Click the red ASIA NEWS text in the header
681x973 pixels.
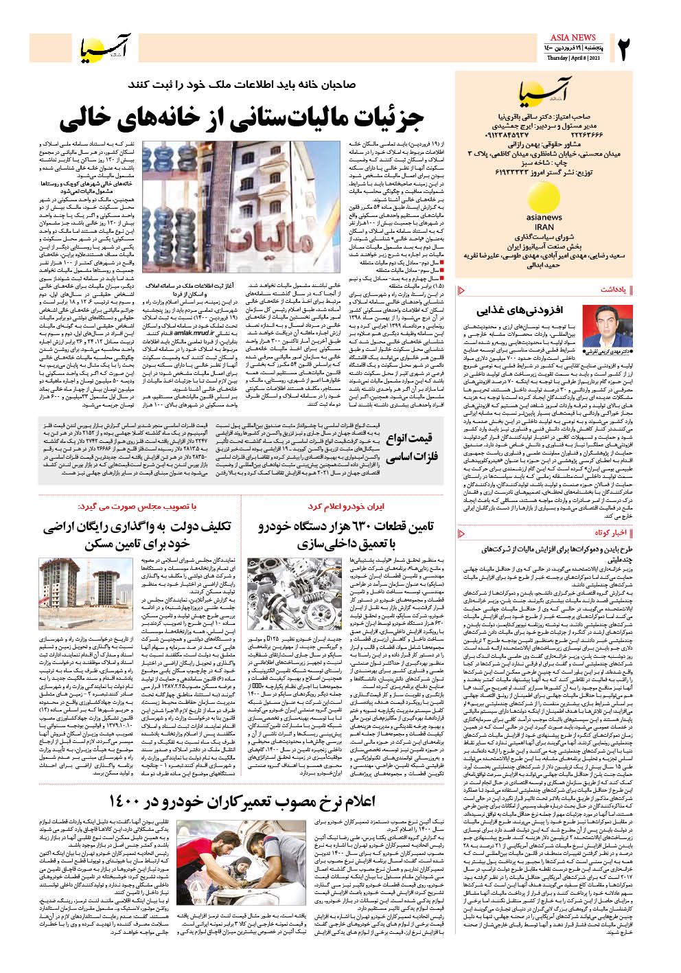tap(573, 37)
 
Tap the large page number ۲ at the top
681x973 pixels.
tap(623, 49)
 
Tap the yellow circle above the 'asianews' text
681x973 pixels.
tap(544, 197)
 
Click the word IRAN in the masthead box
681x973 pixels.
tap(544, 227)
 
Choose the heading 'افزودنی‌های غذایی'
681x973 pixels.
tap(520, 310)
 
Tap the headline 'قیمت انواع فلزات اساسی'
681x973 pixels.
tap(412, 447)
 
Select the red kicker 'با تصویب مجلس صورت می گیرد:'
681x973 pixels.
tap(137, 506)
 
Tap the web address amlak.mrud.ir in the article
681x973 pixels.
tap(194, 332)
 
